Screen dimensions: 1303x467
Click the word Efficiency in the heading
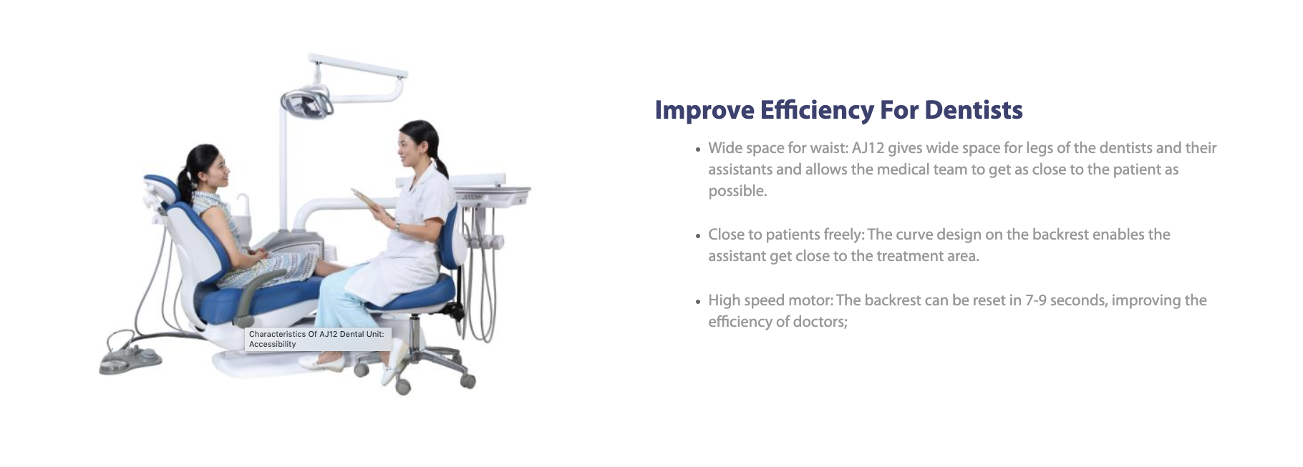tap(817, 110)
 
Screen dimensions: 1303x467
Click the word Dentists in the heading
tap(974, 110)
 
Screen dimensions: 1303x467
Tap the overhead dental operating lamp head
tap(306, 103)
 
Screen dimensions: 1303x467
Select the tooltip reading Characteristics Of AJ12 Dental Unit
tap(318, 339)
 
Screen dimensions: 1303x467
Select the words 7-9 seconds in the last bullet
tap(1065, 300)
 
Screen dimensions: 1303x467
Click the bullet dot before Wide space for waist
tap(698, 149)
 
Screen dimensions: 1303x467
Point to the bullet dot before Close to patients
tap(698, 236)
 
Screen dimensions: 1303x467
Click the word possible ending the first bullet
tap(737, 191)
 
